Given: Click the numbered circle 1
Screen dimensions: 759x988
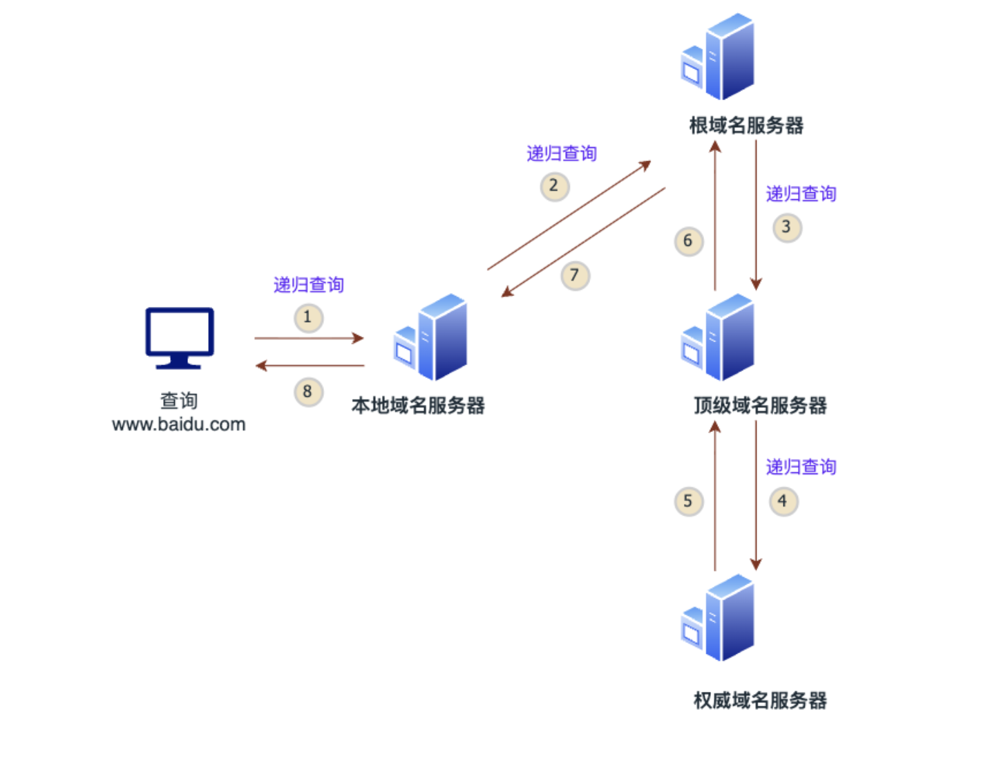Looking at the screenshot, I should coord(308,318).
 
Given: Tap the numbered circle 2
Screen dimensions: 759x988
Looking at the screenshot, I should coord(554,186).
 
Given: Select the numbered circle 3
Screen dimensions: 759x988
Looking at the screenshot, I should coord(786,227).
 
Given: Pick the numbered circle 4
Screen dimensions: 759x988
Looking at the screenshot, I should coord(783,501).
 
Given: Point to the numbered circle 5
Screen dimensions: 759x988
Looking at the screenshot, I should coord(688,502).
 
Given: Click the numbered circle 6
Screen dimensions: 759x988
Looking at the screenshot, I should coord(688,241).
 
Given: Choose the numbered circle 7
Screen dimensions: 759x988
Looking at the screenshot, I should coord(575,276).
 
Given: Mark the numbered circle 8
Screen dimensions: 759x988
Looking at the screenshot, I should coord(308,392).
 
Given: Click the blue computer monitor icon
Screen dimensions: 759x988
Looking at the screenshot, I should coord(180,338).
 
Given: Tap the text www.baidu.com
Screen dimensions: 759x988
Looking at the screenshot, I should coord(179,424).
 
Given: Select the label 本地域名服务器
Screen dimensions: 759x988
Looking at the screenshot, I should coord(418,406).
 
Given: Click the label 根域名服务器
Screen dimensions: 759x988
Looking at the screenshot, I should coord(746,126).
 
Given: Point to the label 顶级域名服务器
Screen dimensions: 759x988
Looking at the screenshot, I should coord(760,406).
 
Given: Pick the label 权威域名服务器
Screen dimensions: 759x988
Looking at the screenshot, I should coord(760,701).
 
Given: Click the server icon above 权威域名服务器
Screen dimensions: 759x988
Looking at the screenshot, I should coord(719,618).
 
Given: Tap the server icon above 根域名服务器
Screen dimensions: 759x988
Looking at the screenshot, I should coord(719,57).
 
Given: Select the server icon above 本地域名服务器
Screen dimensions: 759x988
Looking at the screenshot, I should coord(432,337).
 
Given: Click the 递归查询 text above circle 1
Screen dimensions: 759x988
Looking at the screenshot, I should coord(308,285).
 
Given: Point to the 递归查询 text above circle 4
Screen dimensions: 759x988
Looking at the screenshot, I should coord(801,467).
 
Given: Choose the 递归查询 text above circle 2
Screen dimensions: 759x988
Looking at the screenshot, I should coord(561,153).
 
